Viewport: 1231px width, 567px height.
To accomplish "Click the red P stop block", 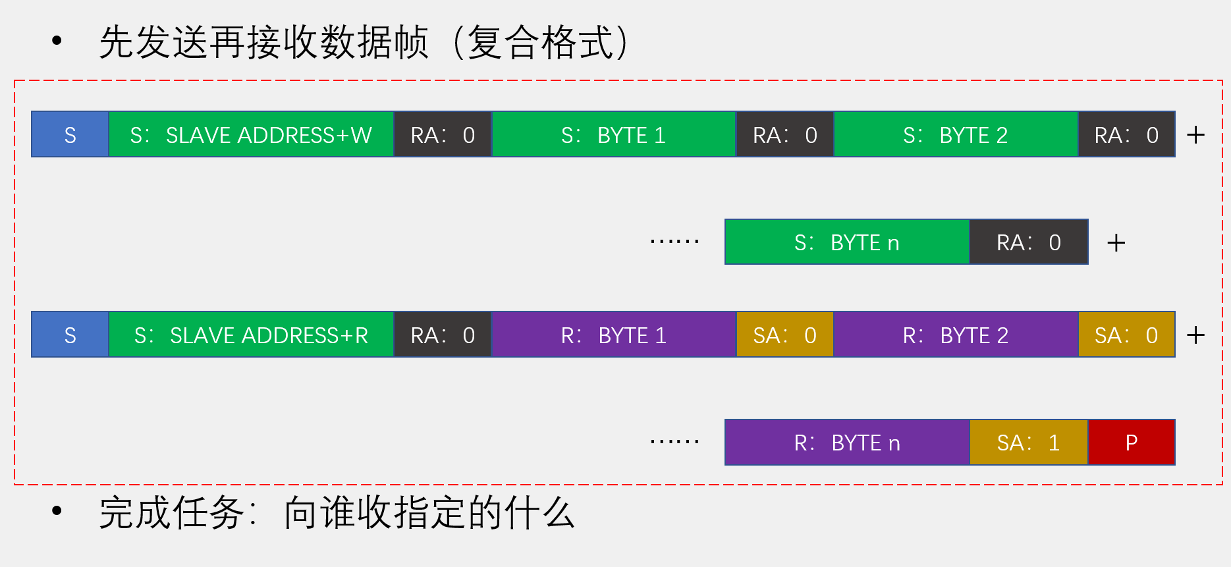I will coord(1131,443).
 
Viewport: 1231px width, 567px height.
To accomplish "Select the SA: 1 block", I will coord(1028,443).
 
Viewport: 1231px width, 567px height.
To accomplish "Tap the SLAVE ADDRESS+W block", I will coord(251,135).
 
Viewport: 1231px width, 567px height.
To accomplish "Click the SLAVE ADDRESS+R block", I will coord(251,335).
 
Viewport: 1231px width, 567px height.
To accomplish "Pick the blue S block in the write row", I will coord(70,135).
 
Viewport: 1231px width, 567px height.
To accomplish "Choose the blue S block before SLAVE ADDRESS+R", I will coord(70,335).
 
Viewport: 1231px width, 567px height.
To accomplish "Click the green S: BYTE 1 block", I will coord(613,135).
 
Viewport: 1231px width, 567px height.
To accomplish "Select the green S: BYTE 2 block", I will coord(955,135).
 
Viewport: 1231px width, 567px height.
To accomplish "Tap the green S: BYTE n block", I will coord(846,242).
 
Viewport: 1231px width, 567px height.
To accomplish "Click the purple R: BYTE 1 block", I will coord(613,335).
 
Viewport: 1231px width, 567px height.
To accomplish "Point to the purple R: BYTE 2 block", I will coord(955,335).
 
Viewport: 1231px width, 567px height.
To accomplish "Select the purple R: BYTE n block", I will coord(846,443).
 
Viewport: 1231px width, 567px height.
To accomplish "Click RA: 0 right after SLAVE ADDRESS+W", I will coord(443,135).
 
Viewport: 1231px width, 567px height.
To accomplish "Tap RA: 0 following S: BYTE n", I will coord(1028,242).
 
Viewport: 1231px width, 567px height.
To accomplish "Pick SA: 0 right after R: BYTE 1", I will coord(784,335).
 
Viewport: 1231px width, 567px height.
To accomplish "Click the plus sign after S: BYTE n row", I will coord(1116,243).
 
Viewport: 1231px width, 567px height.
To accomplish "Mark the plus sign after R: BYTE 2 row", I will coord(1195,335).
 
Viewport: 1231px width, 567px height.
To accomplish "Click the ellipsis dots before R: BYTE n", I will coord(674,441).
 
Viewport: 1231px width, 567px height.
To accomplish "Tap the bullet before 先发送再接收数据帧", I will coord(57,41).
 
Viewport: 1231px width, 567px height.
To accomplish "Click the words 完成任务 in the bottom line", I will coord(171,513).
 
